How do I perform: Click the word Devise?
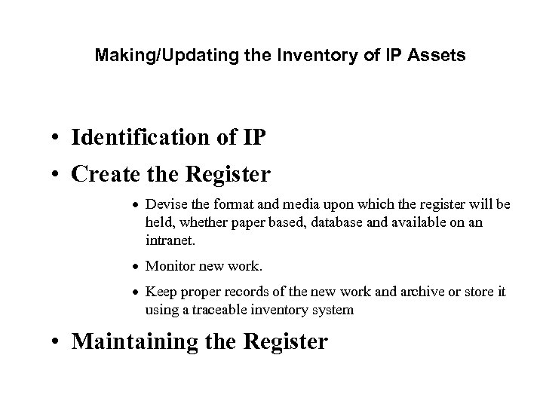pos(163,204)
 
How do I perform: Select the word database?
pos(333,222)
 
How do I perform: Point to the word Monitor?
pos(168,265)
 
